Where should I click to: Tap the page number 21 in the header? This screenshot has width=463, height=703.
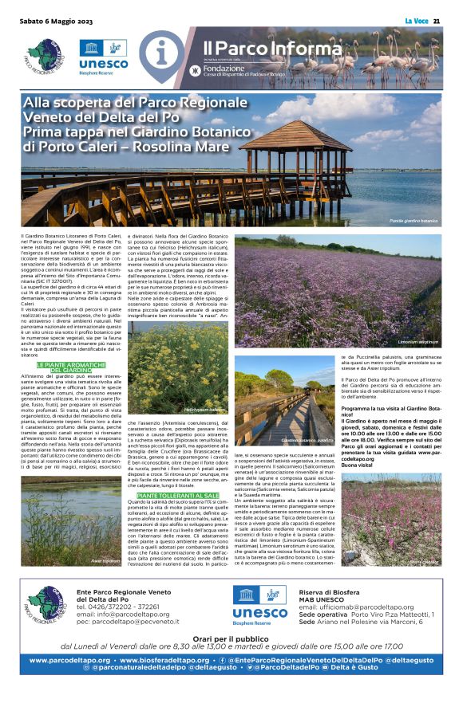pyautogui.click(x=438, y=21)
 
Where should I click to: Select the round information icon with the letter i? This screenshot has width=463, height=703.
pyautogui.click(x=164, y=54)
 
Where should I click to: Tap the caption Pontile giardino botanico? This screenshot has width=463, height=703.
pyautogui.click(x=413, y=220)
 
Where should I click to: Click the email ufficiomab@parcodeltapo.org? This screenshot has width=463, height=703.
pyautogui.click(x=367, y=607)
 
